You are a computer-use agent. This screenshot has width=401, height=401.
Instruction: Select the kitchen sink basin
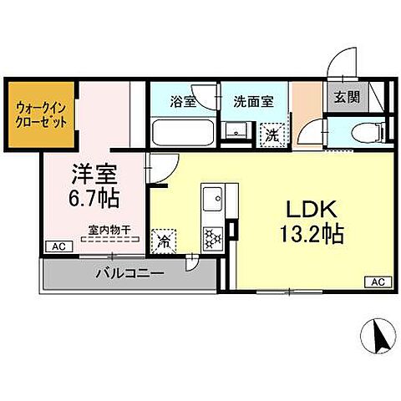211,201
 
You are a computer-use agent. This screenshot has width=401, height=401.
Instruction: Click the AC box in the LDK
375,282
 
